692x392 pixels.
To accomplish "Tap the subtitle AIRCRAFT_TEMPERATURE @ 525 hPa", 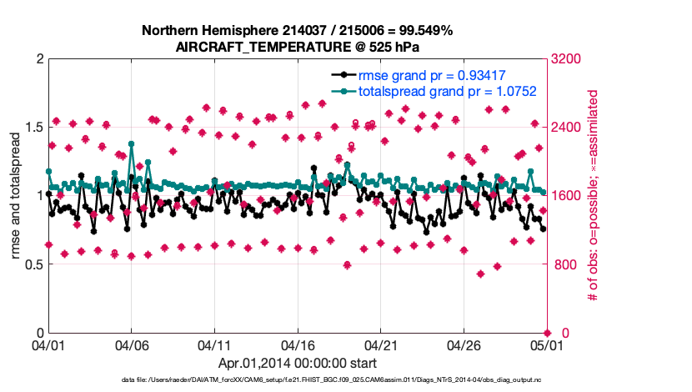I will click(297, 47).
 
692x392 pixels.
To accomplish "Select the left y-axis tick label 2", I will click(38, 58).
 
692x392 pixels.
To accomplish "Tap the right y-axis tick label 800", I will click(566, 264).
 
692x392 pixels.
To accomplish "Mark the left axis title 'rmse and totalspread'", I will click(16, 194).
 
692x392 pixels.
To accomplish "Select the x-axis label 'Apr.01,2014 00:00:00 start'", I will click(297, 363).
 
